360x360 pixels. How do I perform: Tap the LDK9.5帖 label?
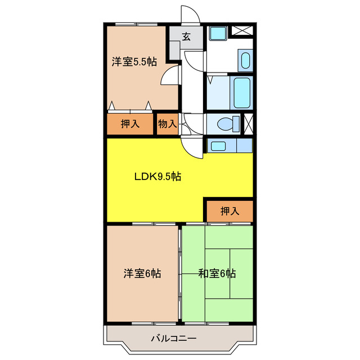coord(157,176)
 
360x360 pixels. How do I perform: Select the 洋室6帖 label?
coord(142,274)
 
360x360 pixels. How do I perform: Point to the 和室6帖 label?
coord(217,274)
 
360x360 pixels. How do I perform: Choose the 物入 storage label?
coord(167,124)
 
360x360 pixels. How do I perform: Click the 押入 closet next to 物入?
coord(130,124)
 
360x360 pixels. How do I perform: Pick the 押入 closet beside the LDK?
coord(229,211)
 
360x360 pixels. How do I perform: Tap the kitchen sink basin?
coord(218,146)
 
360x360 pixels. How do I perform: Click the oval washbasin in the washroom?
coord(245,61)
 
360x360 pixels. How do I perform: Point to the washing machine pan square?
coord(217,33)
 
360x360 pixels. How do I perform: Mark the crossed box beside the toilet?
coord(248,123)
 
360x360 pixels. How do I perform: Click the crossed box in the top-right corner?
coord(243,31)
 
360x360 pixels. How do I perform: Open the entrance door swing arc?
coord(189,16)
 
